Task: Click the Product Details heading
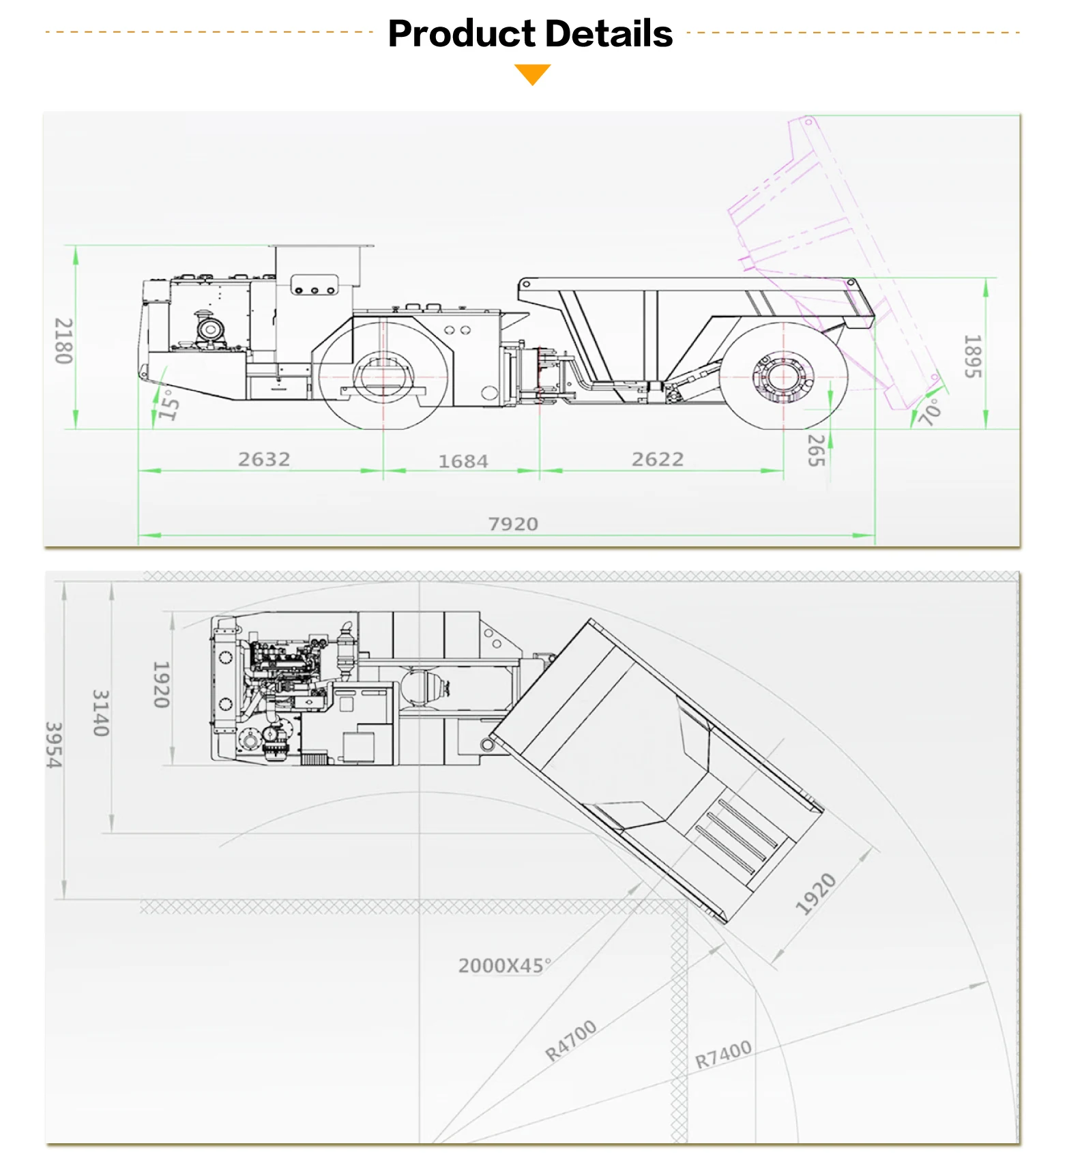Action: point(530,33)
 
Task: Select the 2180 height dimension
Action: point(63,341)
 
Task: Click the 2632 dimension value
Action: point(264,459)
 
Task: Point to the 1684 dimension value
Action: point(463,461)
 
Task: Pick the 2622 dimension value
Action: point(658,459)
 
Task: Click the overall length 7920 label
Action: point(513,524)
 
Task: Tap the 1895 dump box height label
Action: point(973,356)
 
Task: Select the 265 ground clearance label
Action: point(817,450)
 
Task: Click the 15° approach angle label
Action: point(168,405)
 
